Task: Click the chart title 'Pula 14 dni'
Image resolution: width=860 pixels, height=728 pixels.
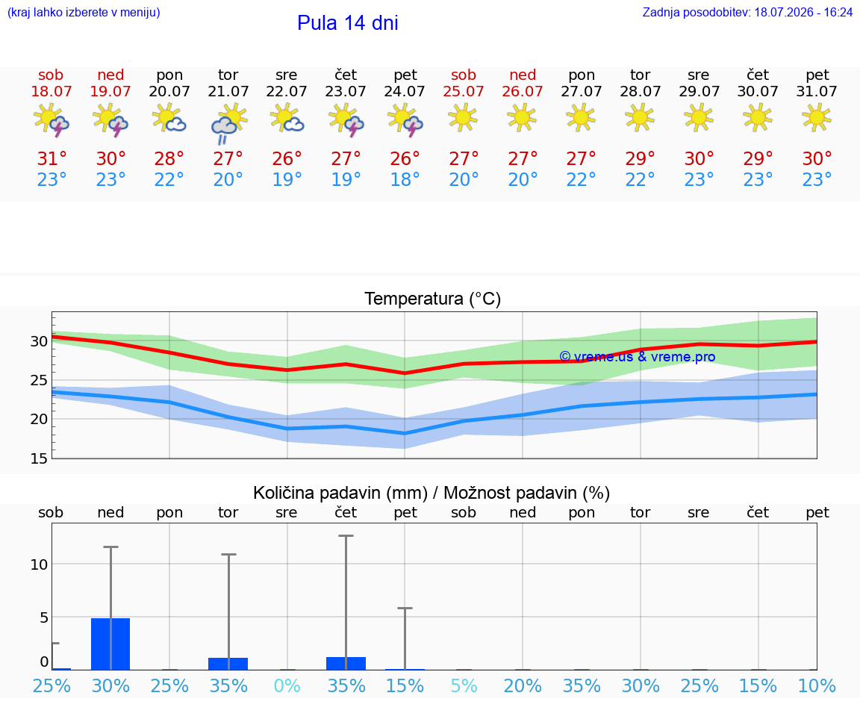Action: [347, 23]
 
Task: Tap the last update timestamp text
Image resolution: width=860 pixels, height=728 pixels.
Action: [747, 12]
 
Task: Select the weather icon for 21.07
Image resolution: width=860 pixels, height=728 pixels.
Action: [228, 124]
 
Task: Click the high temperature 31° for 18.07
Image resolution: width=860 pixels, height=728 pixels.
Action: [52, 158]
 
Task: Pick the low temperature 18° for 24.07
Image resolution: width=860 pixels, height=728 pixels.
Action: [405, 179]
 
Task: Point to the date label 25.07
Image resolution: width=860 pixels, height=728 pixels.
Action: [464, 91]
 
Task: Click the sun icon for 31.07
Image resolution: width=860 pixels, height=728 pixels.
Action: [817, 117]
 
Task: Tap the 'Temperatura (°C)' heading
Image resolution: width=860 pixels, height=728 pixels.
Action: [433, 299]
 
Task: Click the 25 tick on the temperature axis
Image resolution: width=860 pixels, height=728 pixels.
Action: [39, 380]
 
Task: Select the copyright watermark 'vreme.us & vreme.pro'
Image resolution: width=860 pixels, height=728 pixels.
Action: [638, 357]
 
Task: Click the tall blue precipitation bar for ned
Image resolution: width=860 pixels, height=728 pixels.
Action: [110, 644]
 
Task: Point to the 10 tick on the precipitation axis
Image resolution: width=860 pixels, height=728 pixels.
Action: [39, 564]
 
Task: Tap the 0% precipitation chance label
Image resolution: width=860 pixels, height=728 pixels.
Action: [287, 685]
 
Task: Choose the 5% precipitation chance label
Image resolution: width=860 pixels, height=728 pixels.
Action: [464, 685]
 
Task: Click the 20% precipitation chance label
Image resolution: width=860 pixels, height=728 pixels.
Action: [523, 685]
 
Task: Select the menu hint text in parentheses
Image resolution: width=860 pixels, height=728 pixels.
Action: [84, 12]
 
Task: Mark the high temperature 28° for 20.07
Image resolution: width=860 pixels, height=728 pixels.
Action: [169, 158]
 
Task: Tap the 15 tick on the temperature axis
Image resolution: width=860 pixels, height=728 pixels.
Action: [39, 458]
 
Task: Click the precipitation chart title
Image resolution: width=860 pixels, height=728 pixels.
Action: [431, 493]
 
